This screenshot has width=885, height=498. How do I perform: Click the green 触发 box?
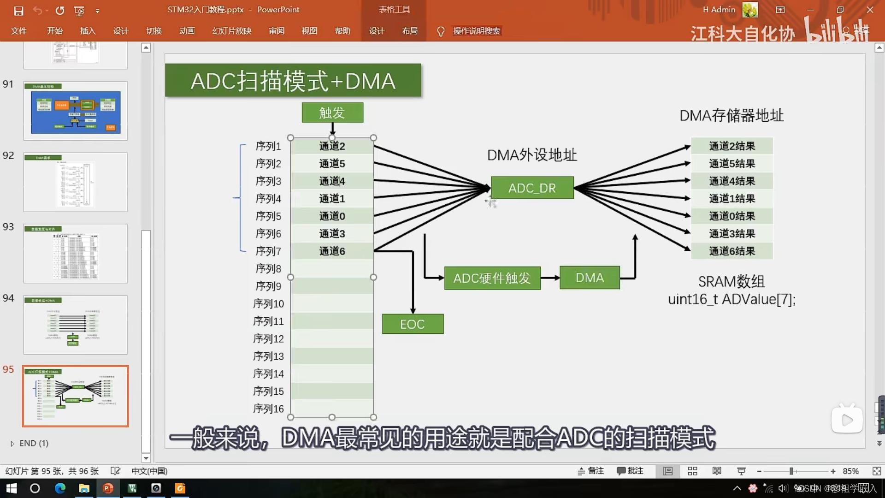click(332, 113)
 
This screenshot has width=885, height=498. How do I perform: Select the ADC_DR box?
click(532, 188)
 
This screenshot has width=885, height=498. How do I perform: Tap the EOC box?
click(413, 324)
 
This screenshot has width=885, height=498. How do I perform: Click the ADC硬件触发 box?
click(492, 278)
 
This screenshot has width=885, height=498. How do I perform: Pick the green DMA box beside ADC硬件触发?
click(590, 278)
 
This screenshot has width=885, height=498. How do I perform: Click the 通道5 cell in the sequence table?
click(332, 164)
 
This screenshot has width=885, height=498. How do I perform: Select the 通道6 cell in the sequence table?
click(332, 251)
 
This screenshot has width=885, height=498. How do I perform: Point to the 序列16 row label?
click(268, 409)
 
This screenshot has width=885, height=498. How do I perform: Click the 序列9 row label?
click(268, 286)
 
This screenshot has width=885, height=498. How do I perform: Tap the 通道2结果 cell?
click(732, 146)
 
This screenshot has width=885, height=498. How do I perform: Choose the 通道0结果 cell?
click(732, 216)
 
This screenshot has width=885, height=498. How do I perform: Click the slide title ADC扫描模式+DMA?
click(293, 81)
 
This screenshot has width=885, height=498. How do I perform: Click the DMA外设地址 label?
click(532, 155)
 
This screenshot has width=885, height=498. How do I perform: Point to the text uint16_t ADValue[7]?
click(732, 299)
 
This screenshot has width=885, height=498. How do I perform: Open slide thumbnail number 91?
click(76, 111)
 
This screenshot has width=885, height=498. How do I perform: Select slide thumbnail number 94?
click(76, 325)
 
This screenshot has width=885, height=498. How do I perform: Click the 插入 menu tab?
click(88, 31)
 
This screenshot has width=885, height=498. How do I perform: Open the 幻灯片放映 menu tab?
click(231, 31)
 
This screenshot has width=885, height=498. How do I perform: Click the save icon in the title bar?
click(18, 10)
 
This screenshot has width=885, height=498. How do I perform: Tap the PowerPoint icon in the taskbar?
click(108, 488)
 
